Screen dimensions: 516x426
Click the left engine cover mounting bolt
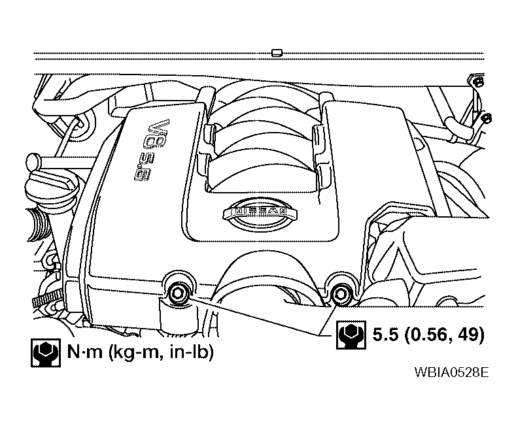click(x=178, y=293)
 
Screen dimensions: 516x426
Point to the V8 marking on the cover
click(x=159, y=134)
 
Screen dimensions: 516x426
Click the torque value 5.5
click(x=385, y=335)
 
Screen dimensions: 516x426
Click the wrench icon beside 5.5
click(x=351, y=335)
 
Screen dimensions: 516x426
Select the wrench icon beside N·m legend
click(x=46, y=353)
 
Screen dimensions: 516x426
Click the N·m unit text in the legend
click(x=84, y=352)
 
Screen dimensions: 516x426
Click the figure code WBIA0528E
click(x=451, y=372)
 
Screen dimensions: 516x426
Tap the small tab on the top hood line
click(x=277, y=52)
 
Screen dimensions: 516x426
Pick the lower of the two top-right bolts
click(x=487, y=119)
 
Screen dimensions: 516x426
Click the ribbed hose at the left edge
click(x=39, y=224)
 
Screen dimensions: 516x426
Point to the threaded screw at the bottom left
click(x=45, y=300)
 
